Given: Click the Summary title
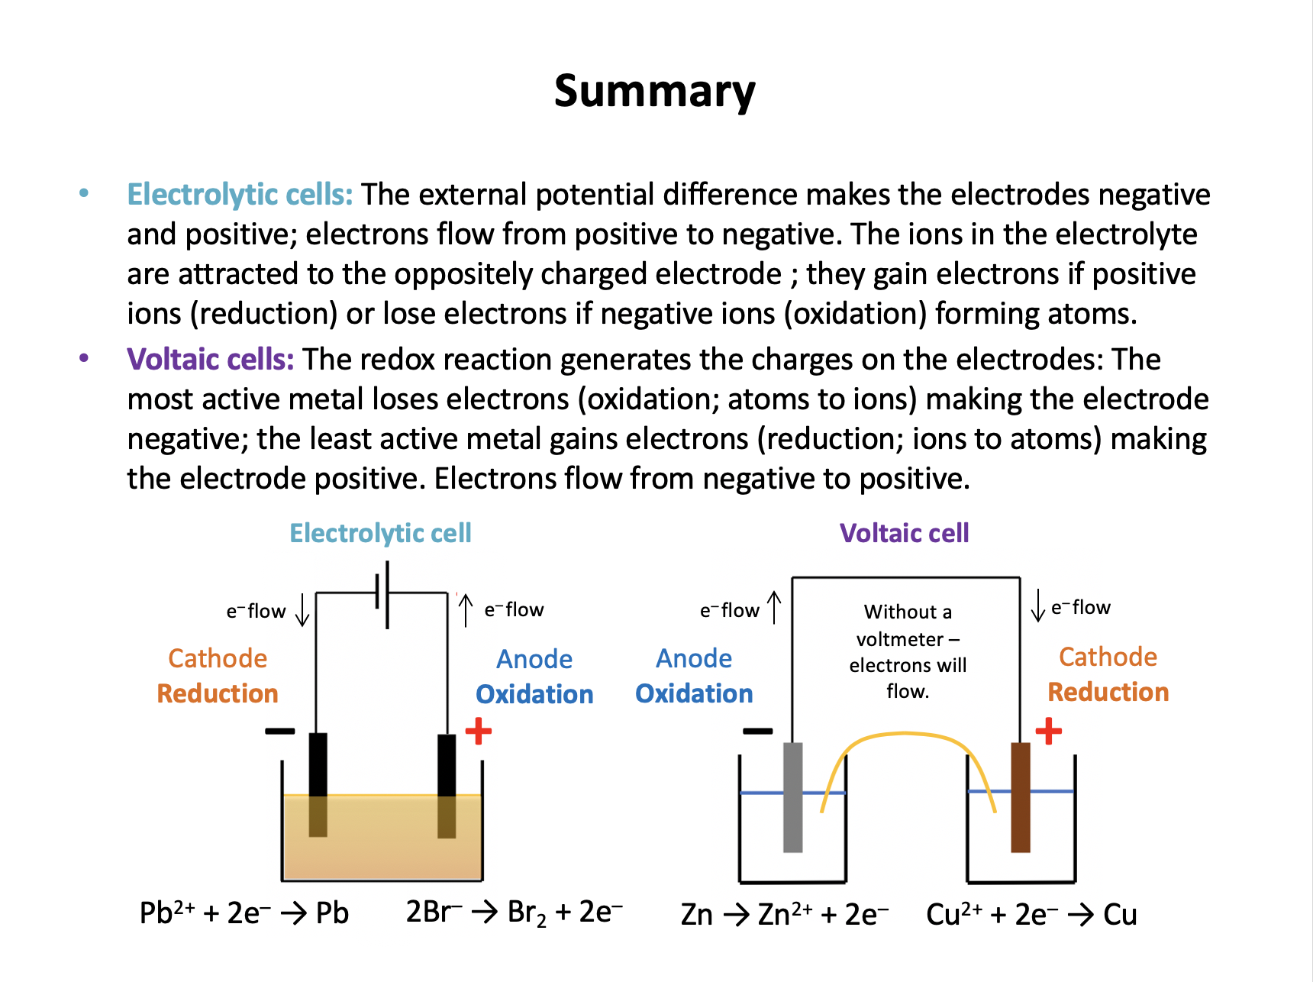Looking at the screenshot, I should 655,92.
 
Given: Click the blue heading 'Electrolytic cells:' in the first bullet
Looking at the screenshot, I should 240,195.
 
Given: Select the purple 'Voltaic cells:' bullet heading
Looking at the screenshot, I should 210,360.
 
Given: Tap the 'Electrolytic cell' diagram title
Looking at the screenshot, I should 380,533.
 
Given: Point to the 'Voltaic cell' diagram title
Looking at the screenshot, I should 904,533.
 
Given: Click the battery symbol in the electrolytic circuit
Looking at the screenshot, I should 382,595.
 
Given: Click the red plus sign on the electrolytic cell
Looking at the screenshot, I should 478,731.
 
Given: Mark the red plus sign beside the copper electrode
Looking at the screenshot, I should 1048,731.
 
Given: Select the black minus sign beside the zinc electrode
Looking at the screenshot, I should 757,731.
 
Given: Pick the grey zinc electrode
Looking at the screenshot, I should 793,797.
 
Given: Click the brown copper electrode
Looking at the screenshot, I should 1020,797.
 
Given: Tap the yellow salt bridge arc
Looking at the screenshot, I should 906,735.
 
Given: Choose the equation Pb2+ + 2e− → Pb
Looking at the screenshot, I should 244,913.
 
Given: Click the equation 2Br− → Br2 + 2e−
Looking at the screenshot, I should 515,913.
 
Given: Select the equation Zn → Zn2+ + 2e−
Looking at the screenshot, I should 785,914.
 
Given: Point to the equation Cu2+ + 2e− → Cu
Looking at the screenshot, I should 1031,914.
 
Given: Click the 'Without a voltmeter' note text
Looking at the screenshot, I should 908,651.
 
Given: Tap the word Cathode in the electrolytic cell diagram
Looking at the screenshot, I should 218,658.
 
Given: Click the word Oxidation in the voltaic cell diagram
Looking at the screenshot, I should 694,693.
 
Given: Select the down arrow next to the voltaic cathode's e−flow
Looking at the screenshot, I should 1037,606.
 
